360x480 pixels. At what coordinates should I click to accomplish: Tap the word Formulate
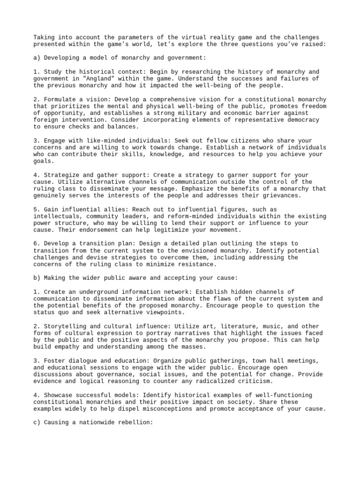[59, 99]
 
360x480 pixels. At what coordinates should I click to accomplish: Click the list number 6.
[36, 244]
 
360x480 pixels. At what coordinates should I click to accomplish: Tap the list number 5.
[36, 209]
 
